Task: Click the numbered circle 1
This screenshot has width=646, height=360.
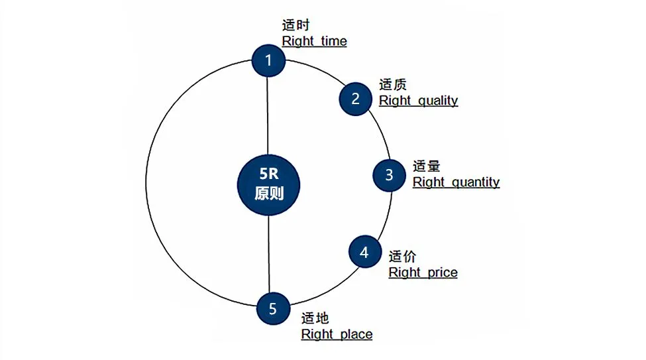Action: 268,60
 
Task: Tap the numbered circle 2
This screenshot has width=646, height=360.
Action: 356,99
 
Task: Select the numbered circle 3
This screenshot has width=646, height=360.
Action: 389,174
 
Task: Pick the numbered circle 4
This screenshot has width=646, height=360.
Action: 364,252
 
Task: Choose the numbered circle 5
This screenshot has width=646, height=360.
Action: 272,309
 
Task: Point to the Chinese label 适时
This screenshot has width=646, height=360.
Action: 296,26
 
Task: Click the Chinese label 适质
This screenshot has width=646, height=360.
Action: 392,85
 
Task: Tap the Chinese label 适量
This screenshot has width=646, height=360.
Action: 426,166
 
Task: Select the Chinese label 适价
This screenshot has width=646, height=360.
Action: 402,257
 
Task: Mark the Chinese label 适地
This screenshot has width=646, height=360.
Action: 315,319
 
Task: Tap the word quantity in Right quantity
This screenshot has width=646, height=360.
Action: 474,182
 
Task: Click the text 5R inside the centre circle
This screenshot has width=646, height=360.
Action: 268,174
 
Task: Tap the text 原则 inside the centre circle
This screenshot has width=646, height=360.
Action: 268,195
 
